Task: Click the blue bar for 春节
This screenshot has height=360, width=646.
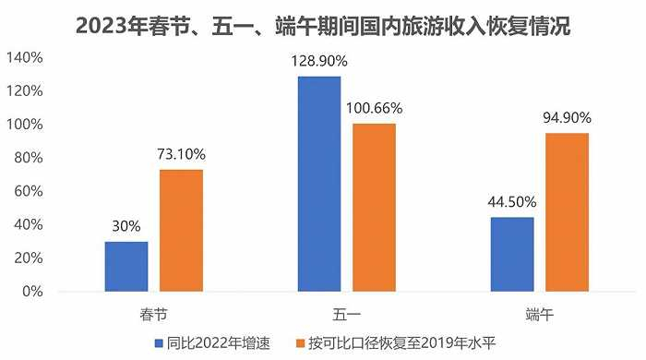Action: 126,266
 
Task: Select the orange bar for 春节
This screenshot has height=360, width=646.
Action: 181,231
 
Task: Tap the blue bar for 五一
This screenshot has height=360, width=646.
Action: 319,184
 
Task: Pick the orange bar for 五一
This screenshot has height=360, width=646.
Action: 374,208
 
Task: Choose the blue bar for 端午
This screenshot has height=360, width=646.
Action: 512,254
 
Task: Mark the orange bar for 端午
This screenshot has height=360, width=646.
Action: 567,212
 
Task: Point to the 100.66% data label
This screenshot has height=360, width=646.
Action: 374,107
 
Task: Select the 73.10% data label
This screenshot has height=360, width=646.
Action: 181,154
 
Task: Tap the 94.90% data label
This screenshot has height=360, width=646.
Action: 567,117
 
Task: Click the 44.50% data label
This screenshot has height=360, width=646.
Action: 512,201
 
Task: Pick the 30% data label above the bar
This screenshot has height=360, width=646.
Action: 126,225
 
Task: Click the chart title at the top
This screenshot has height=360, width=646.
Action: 323,26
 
